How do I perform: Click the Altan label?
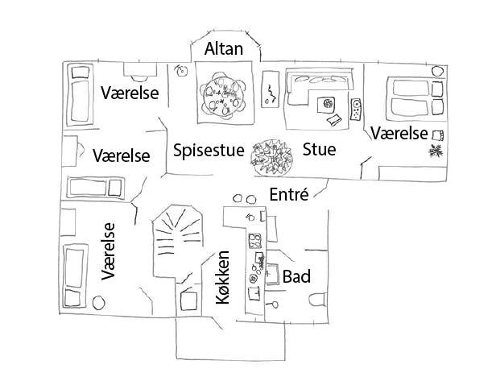[x=223, y=49]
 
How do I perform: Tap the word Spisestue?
[x=209, y=150]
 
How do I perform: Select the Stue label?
[x=319, y=150]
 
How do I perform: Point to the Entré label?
[x=289, y=193]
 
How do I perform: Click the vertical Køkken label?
[x=224, y=276]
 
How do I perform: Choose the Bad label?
[x=296, y=276]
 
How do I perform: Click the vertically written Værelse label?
[x=108, y=251]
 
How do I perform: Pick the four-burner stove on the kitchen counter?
[x=256, y=240]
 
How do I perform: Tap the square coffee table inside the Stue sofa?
[x=327, y=103]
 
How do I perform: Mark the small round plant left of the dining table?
[x=181, y=71]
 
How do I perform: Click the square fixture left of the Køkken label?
[x=189, y=301]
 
